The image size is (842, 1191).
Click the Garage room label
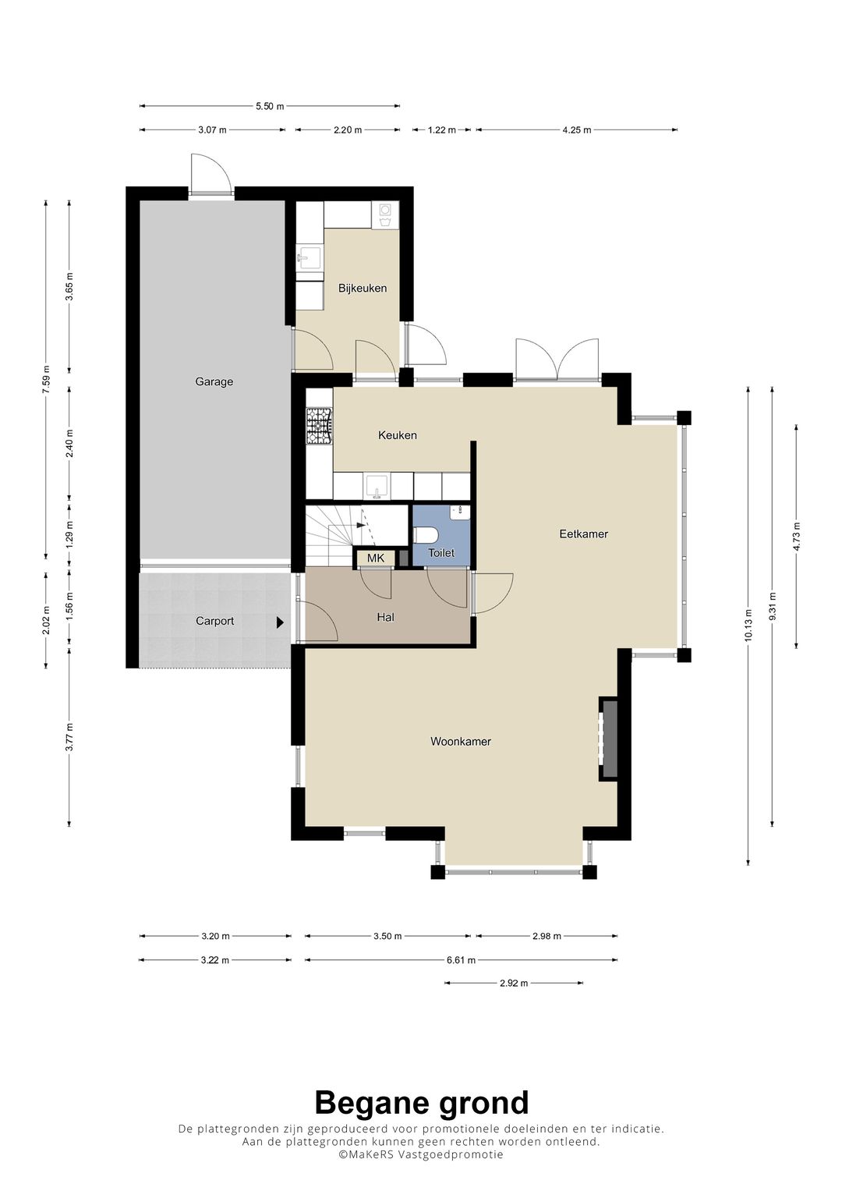coord(214,381)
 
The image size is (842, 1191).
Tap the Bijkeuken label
coord(363,288)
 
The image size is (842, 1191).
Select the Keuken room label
coord(397,435)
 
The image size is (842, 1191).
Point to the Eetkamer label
coord(583,533)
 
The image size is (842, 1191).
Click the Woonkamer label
coord(460,741)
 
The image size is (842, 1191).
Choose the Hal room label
coord(385,617)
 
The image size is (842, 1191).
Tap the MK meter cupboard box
coord(375,558)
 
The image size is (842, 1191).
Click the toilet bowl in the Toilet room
coord(425,533)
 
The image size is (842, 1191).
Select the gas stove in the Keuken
coord(319,425)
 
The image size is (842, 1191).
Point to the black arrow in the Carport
coord(280,622)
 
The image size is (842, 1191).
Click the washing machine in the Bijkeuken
coord(385,214)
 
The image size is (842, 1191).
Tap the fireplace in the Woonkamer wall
coord(608,739)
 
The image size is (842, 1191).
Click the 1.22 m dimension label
coord(442,129)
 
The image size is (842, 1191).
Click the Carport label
coord(214,621)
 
